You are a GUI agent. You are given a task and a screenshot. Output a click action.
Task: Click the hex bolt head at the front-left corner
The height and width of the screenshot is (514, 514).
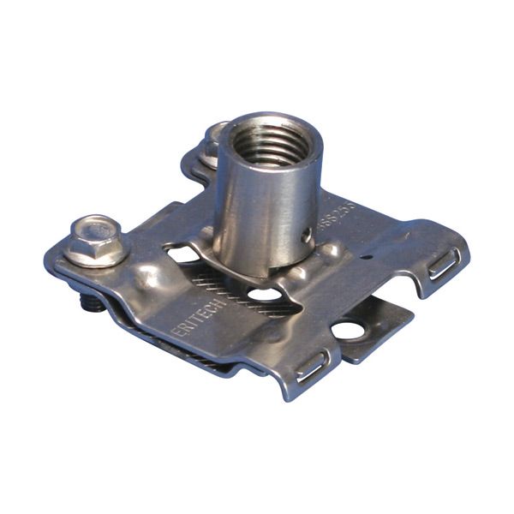coord(93,241)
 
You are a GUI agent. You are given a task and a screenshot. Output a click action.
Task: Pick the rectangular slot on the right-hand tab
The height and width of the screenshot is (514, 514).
coord(444,264)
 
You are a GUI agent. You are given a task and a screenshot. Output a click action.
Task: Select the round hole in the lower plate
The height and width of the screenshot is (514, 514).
coord(347,330)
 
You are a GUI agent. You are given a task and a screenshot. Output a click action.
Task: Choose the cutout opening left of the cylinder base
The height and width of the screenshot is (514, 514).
coord(182,254)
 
